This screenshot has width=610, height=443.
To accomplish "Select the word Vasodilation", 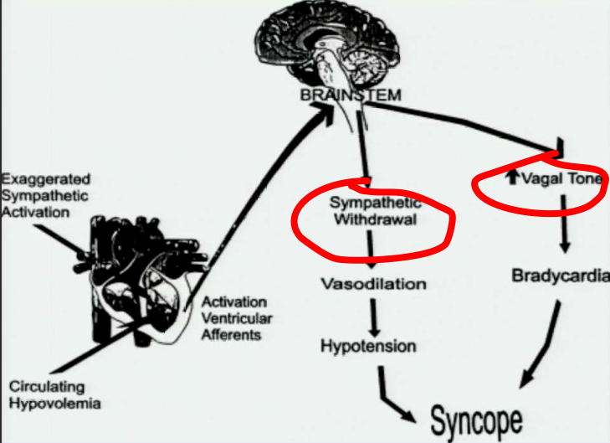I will coord(373,284).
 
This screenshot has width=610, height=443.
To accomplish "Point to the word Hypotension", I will coord(368,346).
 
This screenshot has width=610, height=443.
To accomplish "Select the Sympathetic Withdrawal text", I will coord(375,212).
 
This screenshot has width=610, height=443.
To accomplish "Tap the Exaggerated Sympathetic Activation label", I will coord(46,195).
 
